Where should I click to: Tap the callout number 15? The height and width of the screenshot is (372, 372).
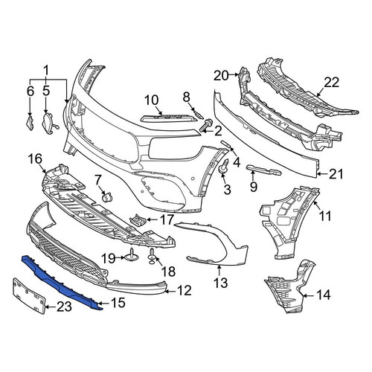(x=118, y=303)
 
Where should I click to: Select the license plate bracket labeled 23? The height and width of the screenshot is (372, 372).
(x=29, y=296)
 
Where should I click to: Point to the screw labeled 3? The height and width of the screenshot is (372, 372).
(x=223, y=166)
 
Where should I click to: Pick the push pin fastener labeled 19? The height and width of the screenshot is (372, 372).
(x=131, y=256)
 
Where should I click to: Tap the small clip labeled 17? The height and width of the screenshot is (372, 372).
(x=137, y=219)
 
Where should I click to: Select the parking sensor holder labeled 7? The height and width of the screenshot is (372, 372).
(x=107, y=197)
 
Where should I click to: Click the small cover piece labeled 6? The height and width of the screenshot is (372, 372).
(x=31, y=122)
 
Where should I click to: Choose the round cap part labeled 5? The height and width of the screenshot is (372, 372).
(x=50, y=123)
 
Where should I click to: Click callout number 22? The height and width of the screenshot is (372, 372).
(x=331, y=82)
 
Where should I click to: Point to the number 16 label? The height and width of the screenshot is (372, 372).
(x=35, y=158)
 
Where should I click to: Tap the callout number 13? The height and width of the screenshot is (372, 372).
(x=220, y=282)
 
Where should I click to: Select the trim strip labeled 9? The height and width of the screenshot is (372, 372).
(x=263, y=170)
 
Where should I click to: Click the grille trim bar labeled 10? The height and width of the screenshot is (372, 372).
(x=170, y=118)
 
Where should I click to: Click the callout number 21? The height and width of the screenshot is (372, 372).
(x=336, y=174)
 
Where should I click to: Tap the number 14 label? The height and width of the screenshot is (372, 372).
(x=324, y=295)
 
